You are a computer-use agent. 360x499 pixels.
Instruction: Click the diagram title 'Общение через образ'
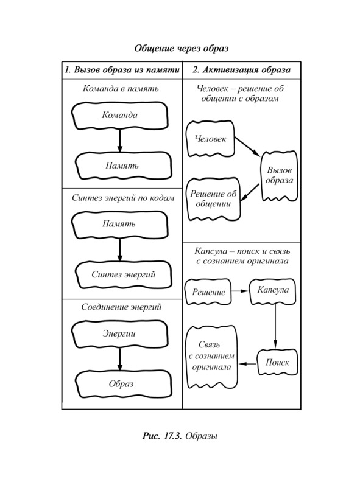coord(182,48)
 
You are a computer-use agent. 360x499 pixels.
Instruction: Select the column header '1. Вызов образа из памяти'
coord(122,70)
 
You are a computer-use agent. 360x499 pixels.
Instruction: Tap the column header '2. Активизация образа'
coord(241,70)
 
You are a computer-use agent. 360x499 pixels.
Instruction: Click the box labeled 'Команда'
coord(120,116)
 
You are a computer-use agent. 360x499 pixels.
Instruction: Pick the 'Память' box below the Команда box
coord(123,166)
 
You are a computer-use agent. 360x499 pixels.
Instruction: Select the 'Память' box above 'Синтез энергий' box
coord(120,225)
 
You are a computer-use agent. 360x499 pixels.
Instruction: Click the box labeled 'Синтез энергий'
coord(123,274)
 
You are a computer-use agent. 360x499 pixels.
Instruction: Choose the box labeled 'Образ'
coord(123,384)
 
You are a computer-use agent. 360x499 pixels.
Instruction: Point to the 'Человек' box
coord(210,139)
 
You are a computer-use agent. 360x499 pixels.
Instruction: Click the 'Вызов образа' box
coord(280,176)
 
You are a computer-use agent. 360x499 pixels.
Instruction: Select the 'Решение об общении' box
coord(213,199)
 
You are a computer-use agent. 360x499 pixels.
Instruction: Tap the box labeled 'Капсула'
coord(272,291)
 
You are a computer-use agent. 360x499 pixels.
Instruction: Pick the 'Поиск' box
coord(277,363)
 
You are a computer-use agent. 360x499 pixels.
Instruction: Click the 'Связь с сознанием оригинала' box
coord(212,357)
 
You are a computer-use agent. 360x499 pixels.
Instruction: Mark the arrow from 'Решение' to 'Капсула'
coord(240,291)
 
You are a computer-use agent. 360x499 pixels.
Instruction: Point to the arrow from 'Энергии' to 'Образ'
coord(120,359)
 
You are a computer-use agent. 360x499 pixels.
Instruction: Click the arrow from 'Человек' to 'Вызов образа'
coord(247,147)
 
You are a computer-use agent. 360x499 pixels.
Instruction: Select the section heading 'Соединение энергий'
coord(121,307)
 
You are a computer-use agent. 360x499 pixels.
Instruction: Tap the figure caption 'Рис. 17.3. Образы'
coord(180,436)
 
